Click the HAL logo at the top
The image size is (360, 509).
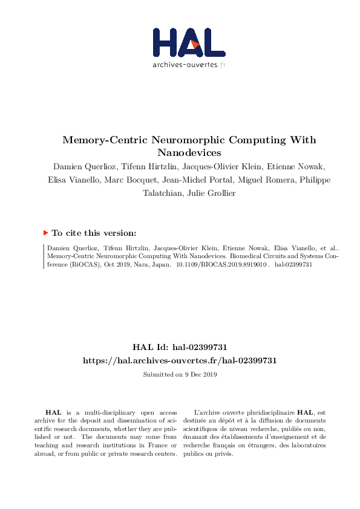[189, 44]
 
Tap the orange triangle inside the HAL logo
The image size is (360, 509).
[194, 44]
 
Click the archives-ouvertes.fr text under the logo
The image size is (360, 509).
[189, 64]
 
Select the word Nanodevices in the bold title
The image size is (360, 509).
[189, 152]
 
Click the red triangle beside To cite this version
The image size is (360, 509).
[45, 232]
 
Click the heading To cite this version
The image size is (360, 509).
[94, 232]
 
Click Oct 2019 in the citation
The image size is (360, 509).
[108, 265]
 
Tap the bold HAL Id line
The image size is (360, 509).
[180, 347]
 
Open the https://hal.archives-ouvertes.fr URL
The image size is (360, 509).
[180, 360]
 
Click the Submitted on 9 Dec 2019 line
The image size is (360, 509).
[180, 375]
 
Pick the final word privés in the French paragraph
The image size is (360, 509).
[223, 453]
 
